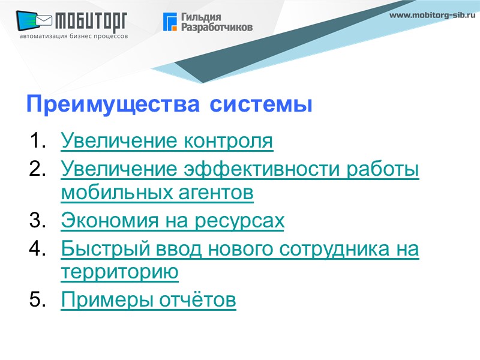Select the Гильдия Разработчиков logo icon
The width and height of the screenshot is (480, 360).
170,22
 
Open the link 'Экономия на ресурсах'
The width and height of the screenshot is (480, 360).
173,221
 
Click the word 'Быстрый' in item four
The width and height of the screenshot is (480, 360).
98,247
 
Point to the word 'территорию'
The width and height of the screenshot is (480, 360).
120,272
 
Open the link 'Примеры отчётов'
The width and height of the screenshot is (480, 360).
149,299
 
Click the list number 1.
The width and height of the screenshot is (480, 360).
37,142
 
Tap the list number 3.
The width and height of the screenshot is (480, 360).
37,221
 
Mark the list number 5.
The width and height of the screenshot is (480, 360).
37,299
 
